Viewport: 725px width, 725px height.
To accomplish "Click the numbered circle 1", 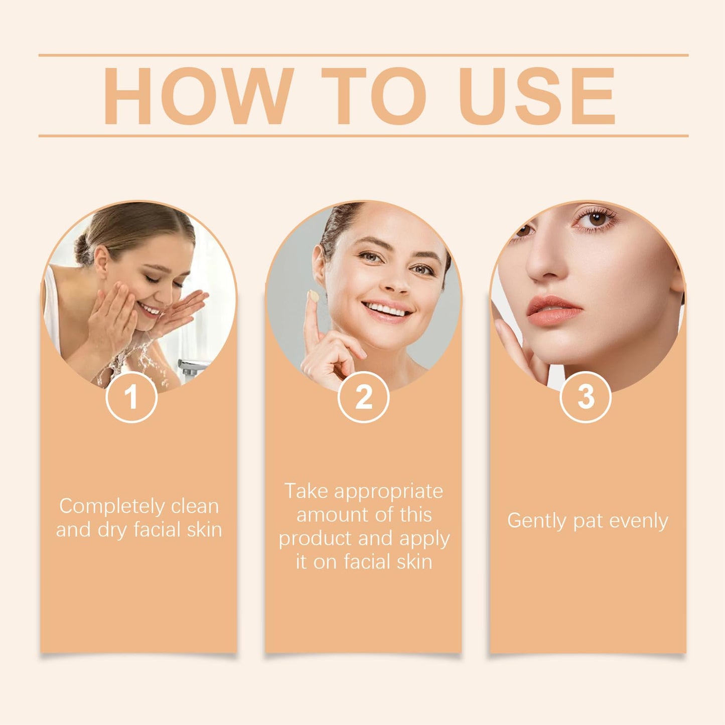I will pyautogui.click(x=131, y=397).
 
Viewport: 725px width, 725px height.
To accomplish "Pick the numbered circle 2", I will pyautogui.click(x=363, y=397).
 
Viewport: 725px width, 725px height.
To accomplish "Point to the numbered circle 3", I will pyautogui.click(x=586, y=397).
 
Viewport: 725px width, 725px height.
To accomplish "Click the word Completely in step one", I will pyautogui.click(x=112, y=506).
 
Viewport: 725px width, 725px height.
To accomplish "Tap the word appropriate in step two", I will pyautogui.click(x=389, y=491).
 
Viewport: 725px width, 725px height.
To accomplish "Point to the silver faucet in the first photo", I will pyautogui.click(x=192, y=368).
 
